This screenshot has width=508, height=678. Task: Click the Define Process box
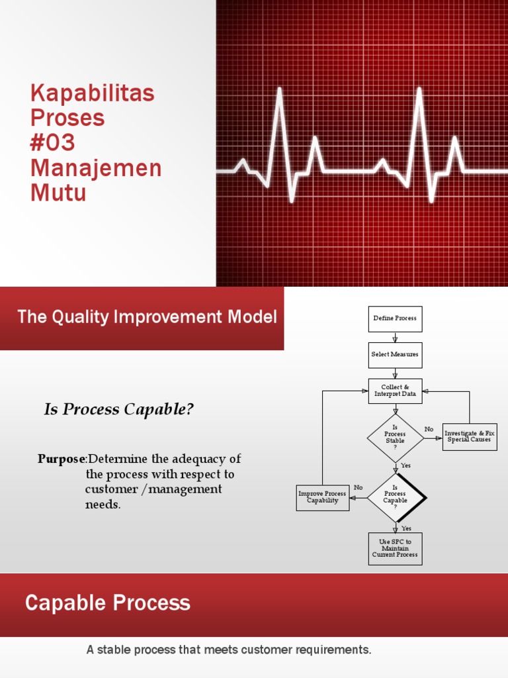point(395,318)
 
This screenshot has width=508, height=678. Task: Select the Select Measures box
point(395,355)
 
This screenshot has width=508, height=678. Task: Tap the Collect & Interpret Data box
point(395,391)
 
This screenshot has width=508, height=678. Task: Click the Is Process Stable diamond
point(395,438)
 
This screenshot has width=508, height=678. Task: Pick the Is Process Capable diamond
point(396,497)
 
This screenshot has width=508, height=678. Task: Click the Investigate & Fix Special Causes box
point(469,437)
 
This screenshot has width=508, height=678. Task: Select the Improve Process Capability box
point(322,497)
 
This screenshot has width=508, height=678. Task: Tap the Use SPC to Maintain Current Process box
point(395,549)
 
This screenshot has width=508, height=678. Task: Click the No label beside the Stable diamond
point(429,430)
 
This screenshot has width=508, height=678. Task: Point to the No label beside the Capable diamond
point(358,488)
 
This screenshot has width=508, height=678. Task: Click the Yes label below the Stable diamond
point(405,465)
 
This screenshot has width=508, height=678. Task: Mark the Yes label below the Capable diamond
point(406,528)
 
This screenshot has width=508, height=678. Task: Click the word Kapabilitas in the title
point(93,93)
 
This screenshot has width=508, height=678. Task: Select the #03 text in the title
point(53,143)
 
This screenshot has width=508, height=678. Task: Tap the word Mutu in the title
point(58,193)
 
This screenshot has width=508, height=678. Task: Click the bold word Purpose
point(62,459)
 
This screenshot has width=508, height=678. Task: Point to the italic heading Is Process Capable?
point(119,410)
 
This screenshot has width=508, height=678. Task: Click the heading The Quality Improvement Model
point(147,317)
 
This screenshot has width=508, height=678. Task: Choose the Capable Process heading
point(108,603)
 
